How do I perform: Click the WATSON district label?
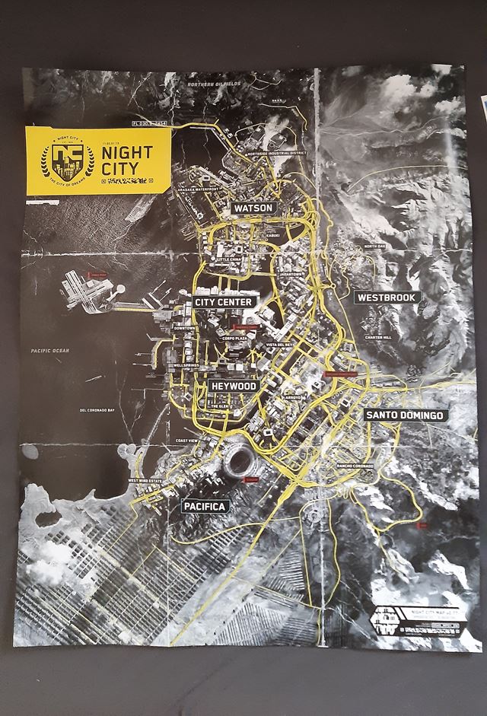pyautogui.click(x=254, y=208)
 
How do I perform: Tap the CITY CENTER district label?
pyautogui.click(x=223, y=302)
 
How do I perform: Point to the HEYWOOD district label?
pyautogui.click(x=234, y=387)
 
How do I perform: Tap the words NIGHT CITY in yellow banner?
pyautogui.click(x=126, y=159)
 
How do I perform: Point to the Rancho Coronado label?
pyautogui.click(x=354, y=466)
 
